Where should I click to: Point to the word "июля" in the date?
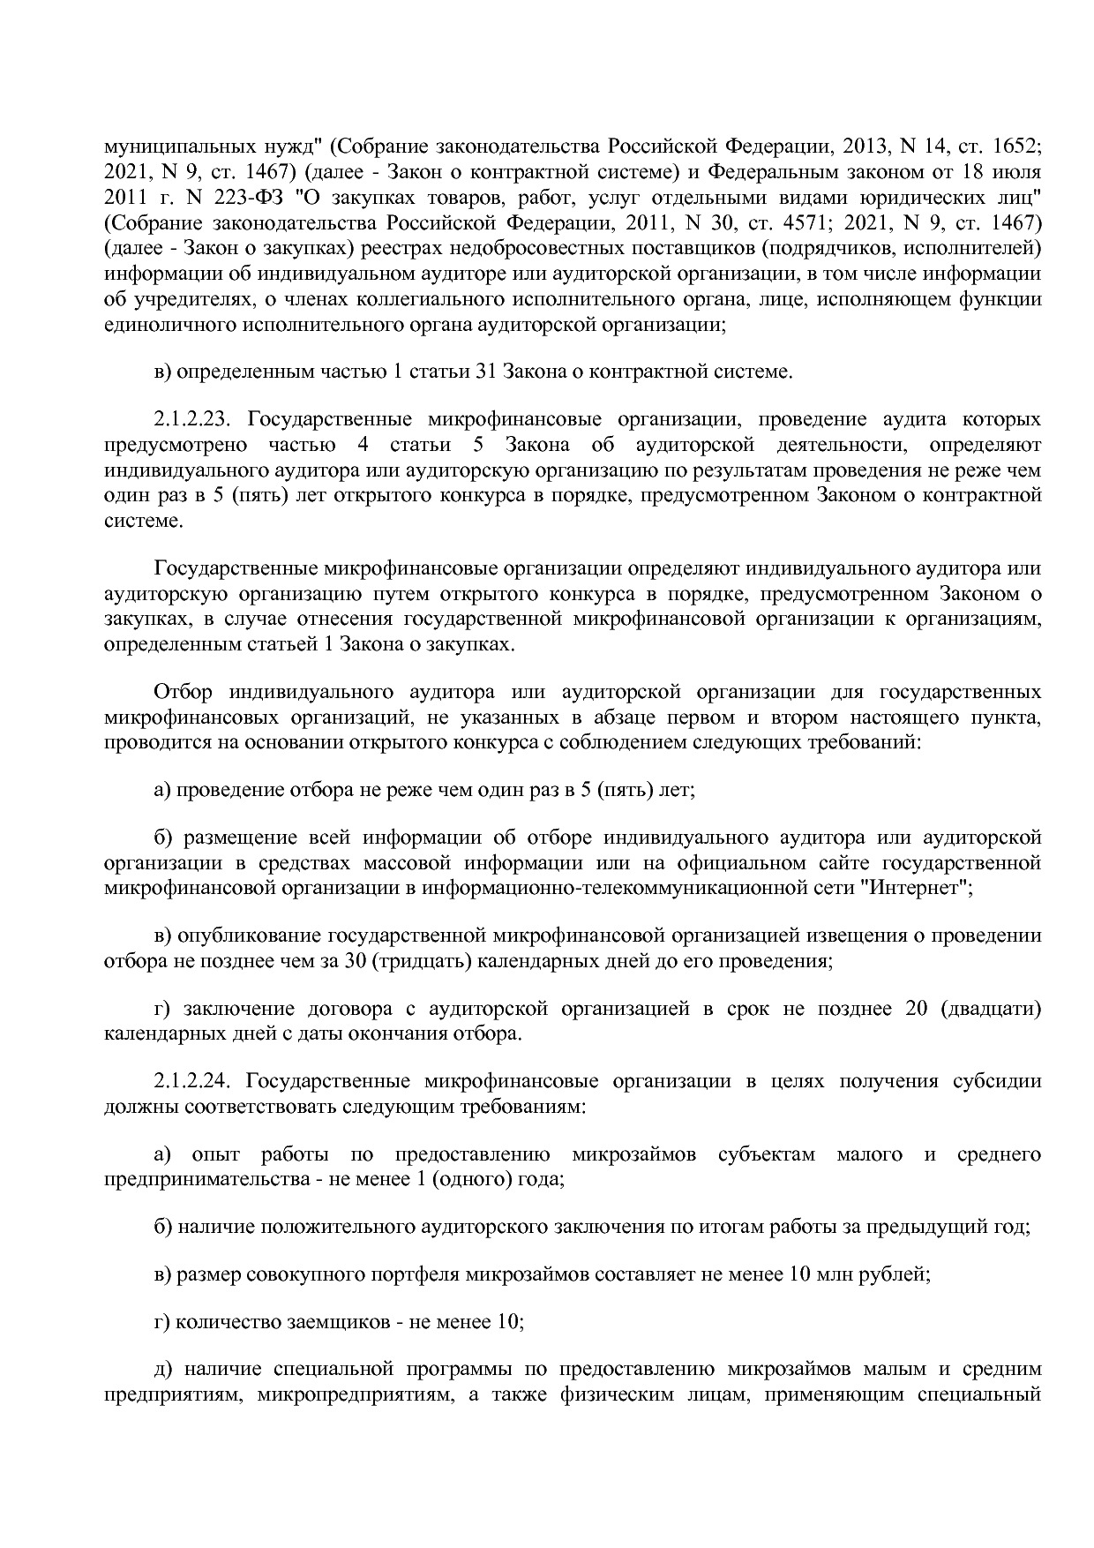(x=1018, y=170)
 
